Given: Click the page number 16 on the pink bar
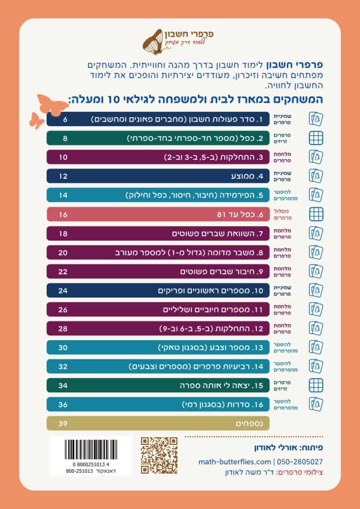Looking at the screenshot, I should coord(63,214).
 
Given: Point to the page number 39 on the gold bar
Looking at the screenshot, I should coord(63,423).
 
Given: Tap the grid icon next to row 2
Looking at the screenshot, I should coord(316,138).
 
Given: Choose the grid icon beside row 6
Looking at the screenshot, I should coord(316,214).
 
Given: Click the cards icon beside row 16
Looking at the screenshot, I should coord(316,404).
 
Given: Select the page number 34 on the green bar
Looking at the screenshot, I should coord(63,385).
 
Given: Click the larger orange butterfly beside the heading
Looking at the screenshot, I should coord(52,104).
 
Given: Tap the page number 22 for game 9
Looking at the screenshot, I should coord(63,271).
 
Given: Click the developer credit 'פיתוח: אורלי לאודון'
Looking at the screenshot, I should coord(292,447).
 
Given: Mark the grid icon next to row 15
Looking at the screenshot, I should coord(316,385).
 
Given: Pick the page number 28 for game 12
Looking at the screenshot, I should coord(63,328).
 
